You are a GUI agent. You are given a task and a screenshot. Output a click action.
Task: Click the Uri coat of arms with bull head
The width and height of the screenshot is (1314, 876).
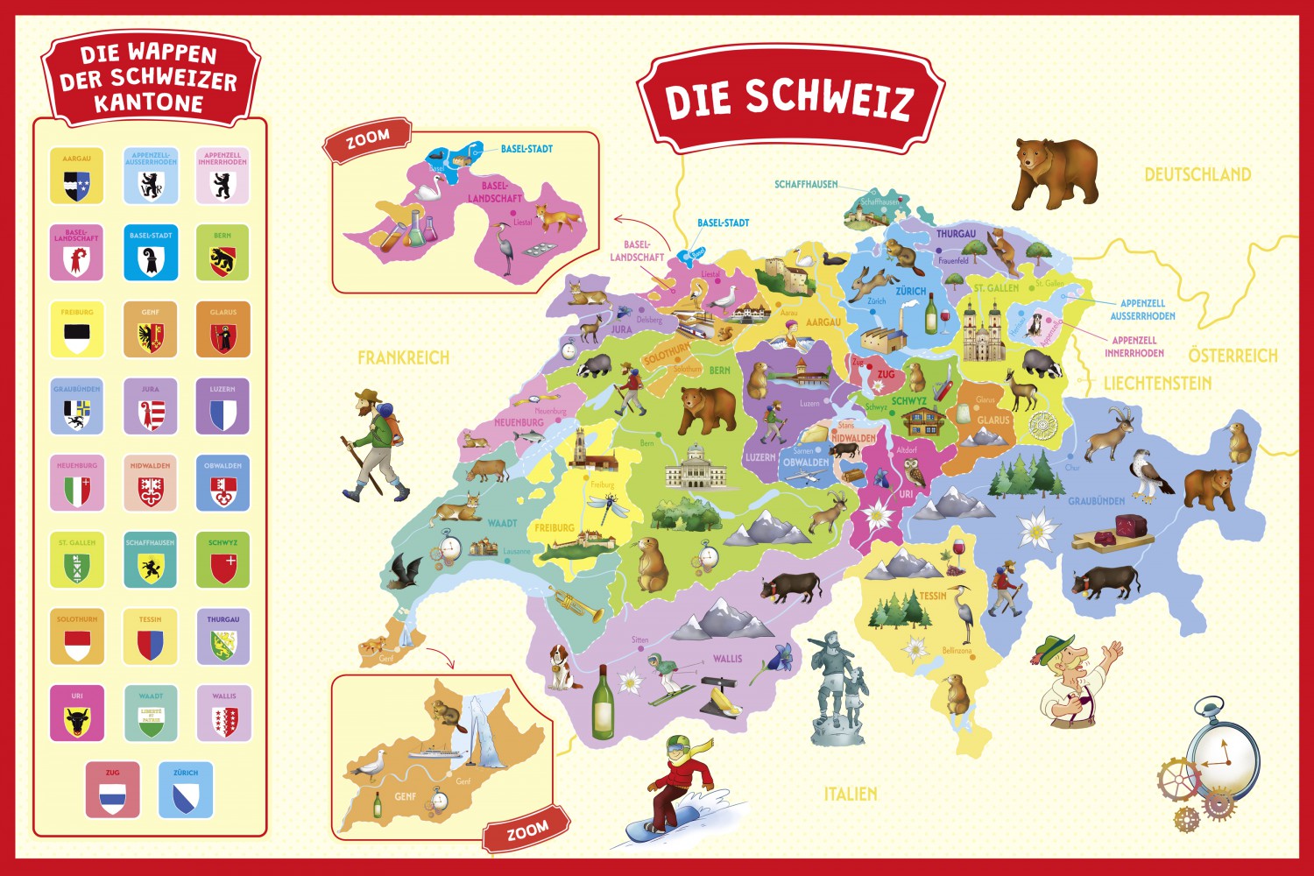pos(77,719)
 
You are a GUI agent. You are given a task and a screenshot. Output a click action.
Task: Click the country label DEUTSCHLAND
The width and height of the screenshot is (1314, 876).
pos(1197,174)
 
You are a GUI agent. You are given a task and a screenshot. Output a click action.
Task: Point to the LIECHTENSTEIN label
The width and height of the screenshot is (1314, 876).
pos(1157,383)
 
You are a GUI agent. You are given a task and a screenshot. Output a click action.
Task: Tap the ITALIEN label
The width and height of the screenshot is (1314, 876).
pos(850,794)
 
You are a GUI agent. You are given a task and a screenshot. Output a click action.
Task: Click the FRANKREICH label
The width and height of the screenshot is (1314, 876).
pos(403,357)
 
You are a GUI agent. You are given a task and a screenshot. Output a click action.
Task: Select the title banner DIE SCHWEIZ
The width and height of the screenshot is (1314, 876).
pos(789,99)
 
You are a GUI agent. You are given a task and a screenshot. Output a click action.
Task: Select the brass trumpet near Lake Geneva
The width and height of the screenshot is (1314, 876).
pos(576,604)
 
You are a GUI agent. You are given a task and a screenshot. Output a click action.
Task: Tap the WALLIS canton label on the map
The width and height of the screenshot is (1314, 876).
pos(727,659)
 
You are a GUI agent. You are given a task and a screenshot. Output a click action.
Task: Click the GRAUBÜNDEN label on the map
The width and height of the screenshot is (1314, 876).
pos(1096,501)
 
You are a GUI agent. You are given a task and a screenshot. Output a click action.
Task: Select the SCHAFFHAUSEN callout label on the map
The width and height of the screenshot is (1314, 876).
pos(806,185)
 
